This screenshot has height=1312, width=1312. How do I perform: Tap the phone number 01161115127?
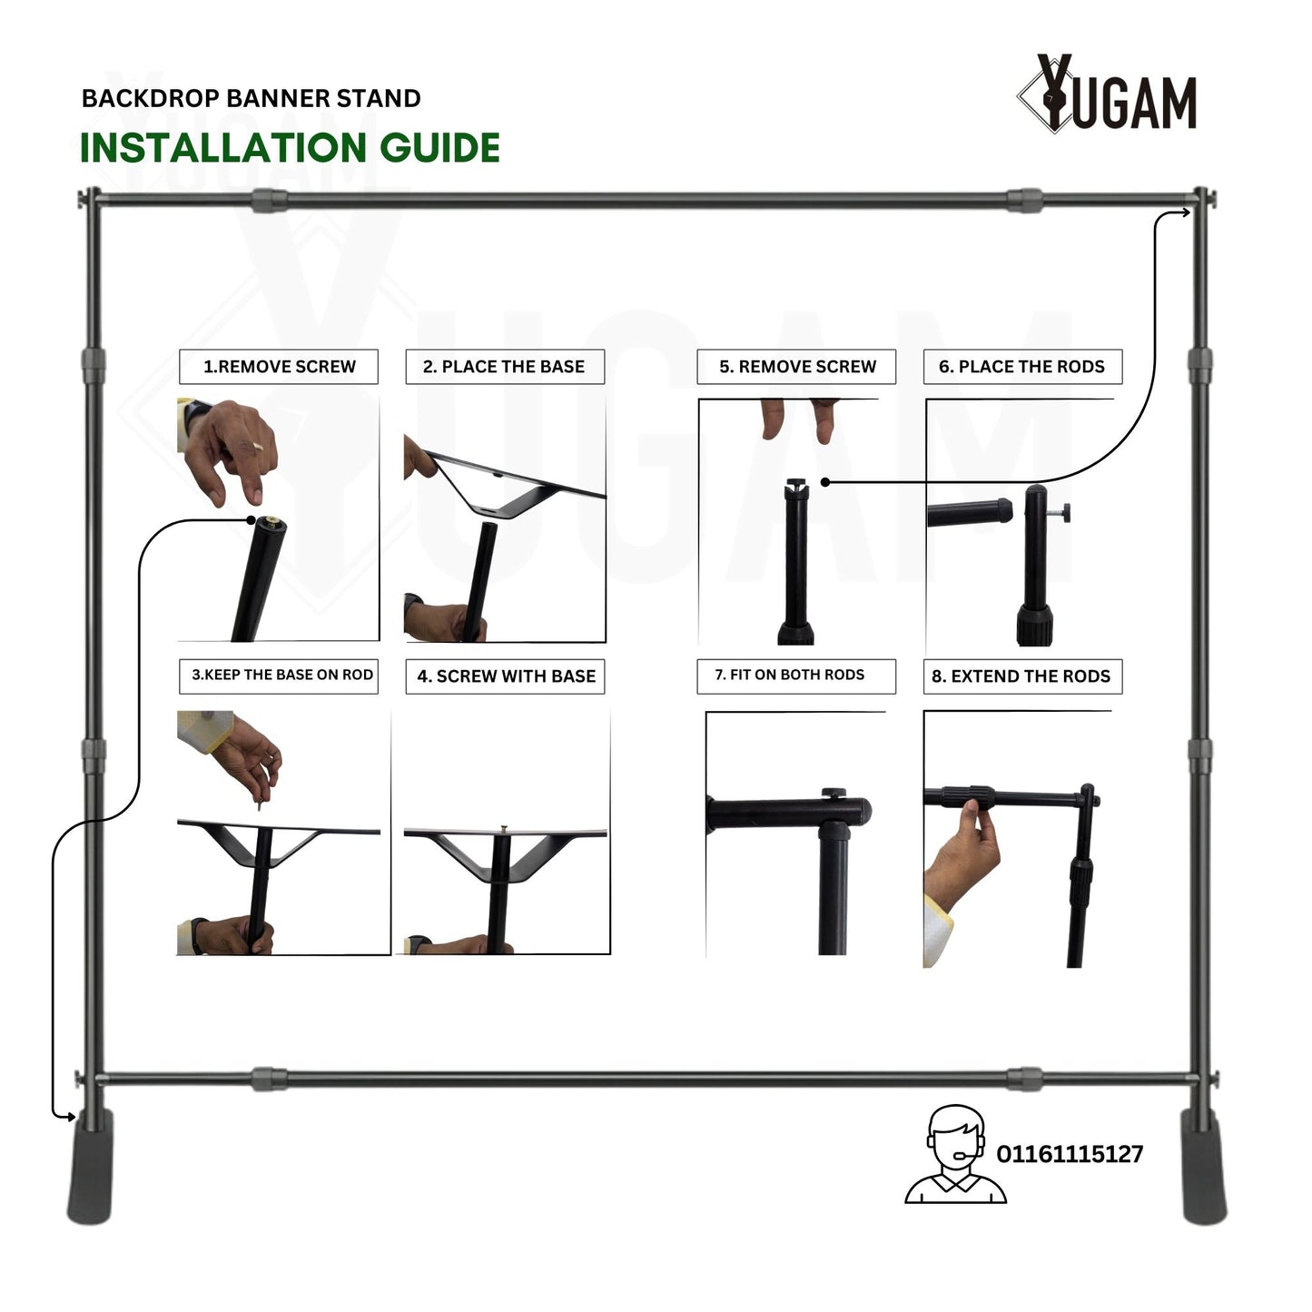(1070, 1154)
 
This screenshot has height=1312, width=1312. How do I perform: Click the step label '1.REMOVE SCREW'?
(279, 367)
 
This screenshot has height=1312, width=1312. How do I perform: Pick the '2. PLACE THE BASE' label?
(504, 367)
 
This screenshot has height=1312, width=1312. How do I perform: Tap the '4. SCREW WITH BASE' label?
(506, 676)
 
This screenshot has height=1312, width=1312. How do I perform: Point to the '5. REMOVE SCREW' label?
(797, 367)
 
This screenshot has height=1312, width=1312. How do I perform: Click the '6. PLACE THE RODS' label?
(1021, 367)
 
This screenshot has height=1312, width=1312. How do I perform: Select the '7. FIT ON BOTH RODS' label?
(789, 675)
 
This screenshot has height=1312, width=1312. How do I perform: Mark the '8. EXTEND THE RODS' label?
(1021, 676)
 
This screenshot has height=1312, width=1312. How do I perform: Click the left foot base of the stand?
(90, 1167)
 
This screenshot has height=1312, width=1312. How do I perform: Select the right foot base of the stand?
(1204, 1167)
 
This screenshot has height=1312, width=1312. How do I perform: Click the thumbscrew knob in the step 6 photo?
(1060, 513)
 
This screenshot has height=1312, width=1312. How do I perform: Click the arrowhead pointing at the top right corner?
(1186, 212)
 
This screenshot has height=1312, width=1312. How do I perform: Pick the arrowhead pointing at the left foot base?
(70, 1117)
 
